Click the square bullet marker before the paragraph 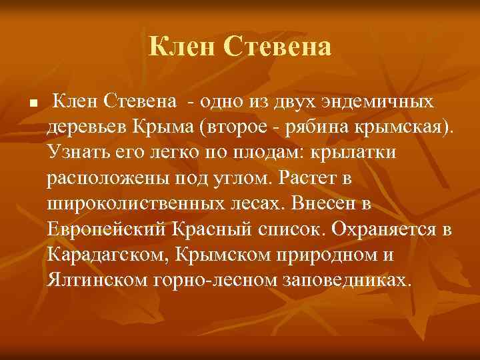(32, 105)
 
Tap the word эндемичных (377, 102)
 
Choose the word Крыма (177, 127)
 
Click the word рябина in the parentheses (337, 127)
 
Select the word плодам (264, 153)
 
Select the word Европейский (109, 229)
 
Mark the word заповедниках (353, 279)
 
